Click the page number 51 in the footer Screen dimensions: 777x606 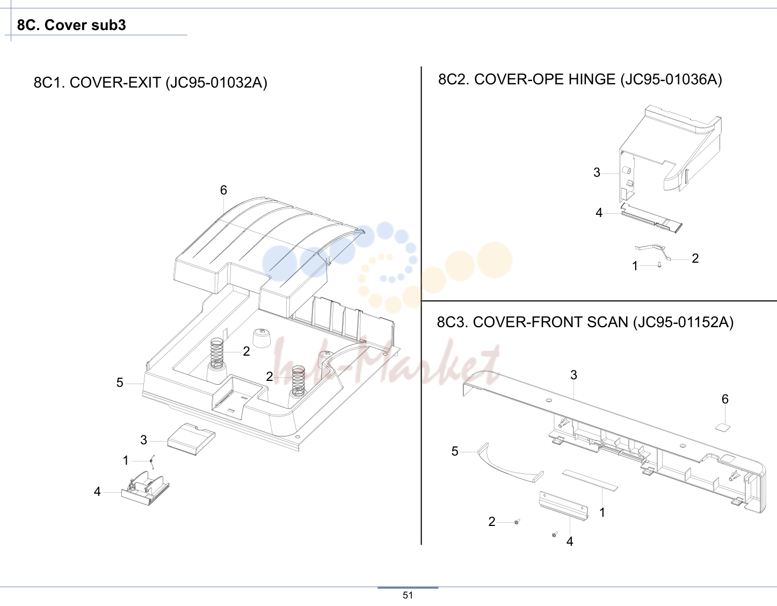click(408, 595)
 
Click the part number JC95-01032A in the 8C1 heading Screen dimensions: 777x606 click(216, 83)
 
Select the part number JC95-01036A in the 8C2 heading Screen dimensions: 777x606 click(671, 80)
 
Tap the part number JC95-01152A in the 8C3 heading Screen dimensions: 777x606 click(682, 322)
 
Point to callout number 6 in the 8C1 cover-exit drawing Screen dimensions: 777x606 click(223, 190)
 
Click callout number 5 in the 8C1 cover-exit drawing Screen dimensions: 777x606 click(120, 383)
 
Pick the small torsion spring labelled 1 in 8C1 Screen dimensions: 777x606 click(152, 461)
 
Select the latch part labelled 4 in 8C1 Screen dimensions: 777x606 click(146, 488)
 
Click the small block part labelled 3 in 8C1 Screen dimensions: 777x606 click(192, 439)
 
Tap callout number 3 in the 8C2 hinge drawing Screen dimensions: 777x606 click(597, 172)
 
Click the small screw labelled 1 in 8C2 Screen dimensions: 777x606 click(660, 265)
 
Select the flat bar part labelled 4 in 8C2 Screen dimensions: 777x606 click(651, 218)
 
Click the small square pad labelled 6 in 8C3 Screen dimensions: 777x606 click(722, 427)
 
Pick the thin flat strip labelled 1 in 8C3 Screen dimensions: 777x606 click(590, 480)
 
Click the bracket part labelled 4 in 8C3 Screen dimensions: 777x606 click(563, 506)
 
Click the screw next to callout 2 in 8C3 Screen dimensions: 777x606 click(517, 522)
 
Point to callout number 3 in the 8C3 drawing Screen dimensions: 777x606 click(573, 376)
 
